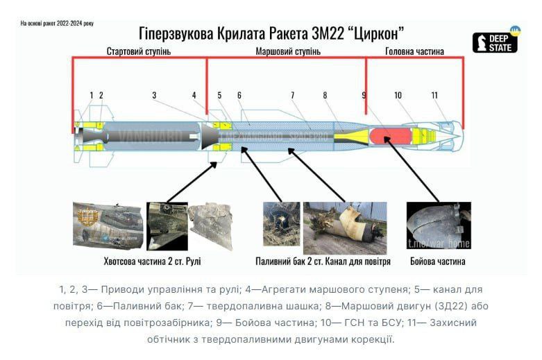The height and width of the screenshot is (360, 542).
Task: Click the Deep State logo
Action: click(496, 42)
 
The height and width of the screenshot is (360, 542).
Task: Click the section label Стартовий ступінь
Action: click(138, 52)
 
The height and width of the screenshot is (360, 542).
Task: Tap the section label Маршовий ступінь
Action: click(288, 52)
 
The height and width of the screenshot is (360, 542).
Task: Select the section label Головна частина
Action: click(414, 52)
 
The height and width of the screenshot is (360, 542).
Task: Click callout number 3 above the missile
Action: click(154, 95)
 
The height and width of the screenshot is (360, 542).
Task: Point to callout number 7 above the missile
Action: click(293, 95)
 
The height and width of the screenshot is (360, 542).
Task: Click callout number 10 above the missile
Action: click(398, 95)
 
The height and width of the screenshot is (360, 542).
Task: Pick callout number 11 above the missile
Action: click(434, 95)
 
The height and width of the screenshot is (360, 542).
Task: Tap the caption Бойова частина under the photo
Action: click(437, 262)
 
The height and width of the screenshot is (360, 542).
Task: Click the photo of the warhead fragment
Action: click(438, 225)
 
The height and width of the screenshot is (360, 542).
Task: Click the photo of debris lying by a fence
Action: click(345, 228)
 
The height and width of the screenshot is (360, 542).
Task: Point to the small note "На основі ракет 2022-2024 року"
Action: click(57, 24)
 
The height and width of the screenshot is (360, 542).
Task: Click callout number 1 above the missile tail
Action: click(92, 95)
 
